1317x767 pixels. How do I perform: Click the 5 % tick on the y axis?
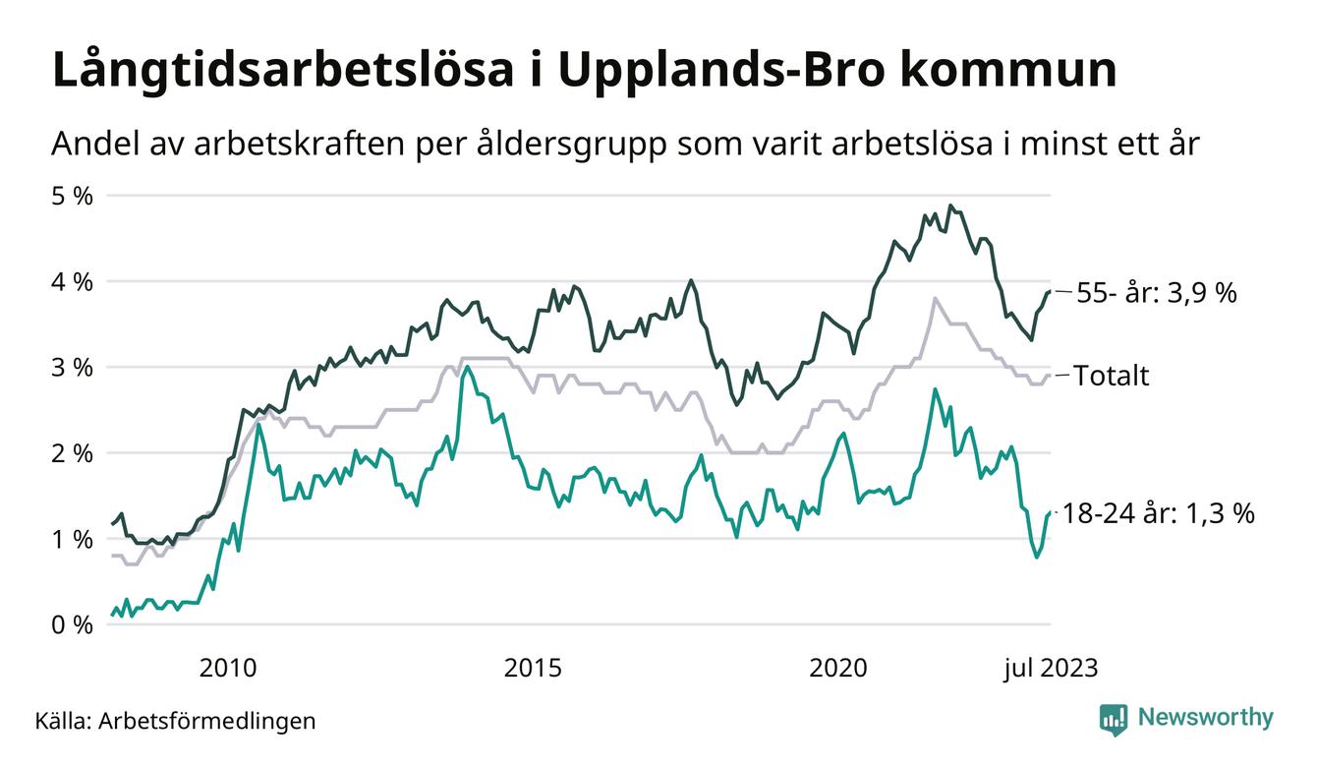pos(72,196)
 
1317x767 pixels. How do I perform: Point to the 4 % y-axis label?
pos(72,281)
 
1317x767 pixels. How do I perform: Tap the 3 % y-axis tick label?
pos(72,367)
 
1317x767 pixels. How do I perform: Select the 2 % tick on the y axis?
pos(72,453)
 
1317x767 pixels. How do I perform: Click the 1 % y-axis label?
pos(72,539)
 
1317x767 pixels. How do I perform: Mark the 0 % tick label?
pos(72,624)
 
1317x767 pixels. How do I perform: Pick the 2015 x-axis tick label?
pos(533,669)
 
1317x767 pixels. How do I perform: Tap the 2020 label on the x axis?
pos(837,669)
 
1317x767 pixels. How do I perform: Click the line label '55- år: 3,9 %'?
pos(1157,293)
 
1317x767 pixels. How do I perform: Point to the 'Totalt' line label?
pos(1111,376)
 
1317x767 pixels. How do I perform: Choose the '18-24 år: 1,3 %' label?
pos(1159,513)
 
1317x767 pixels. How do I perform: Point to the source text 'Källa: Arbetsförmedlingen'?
pos(176,721)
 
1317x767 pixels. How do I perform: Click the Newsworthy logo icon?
pos(1114,719)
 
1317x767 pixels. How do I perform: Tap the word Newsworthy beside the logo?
pos(1206,718)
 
